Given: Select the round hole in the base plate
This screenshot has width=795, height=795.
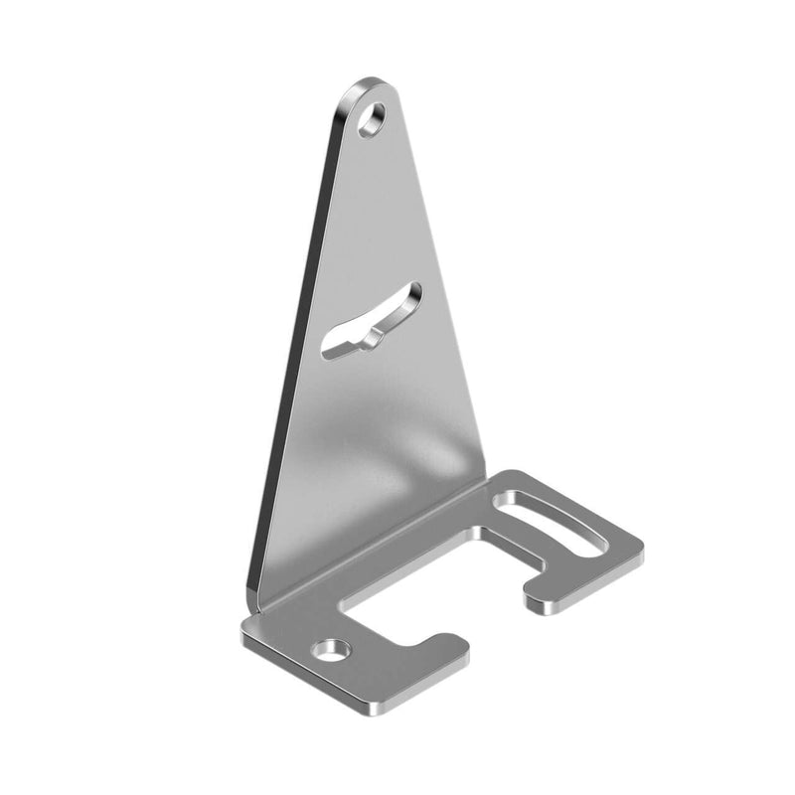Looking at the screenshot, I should point(332,652).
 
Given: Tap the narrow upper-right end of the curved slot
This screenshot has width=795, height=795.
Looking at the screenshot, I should point(411,292).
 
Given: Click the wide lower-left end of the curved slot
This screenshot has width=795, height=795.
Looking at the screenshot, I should point(334,345).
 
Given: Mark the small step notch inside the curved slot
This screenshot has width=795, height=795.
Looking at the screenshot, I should point(372,338).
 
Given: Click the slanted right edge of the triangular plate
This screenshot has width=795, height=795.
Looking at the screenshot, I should point(447,298).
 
